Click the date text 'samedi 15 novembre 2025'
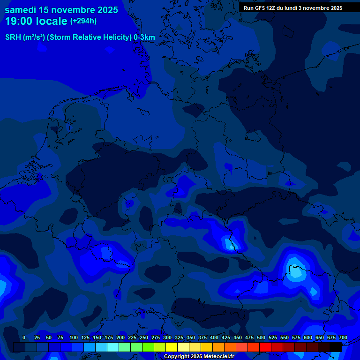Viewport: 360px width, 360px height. click(61, 10)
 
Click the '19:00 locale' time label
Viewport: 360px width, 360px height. click(37, 21)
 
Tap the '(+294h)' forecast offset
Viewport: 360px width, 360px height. click(83, 21)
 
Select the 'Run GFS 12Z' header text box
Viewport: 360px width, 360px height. click(293, 8)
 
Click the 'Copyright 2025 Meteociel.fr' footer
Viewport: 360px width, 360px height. click(199, 356)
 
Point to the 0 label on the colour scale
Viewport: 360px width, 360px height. click(24, 337)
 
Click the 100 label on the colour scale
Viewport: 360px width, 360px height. click(74, 337)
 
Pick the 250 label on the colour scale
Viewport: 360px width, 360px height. click(144, 337)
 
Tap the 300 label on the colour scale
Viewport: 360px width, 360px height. click(167, 337)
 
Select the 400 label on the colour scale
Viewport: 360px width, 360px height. click(214, 337)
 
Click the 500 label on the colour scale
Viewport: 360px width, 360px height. click(261, 337)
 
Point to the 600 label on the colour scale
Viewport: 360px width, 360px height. click(308, 337)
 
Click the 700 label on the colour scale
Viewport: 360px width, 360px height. click(343, 337)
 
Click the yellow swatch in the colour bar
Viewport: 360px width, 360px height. click(172, 347)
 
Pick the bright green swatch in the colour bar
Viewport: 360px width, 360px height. click(148, 347)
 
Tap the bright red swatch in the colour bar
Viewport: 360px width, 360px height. click(265, 347)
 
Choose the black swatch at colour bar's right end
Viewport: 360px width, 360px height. click(336, 347)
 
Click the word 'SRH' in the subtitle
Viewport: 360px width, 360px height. click(13, 37)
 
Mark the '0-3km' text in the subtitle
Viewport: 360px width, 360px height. click(144, 37)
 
